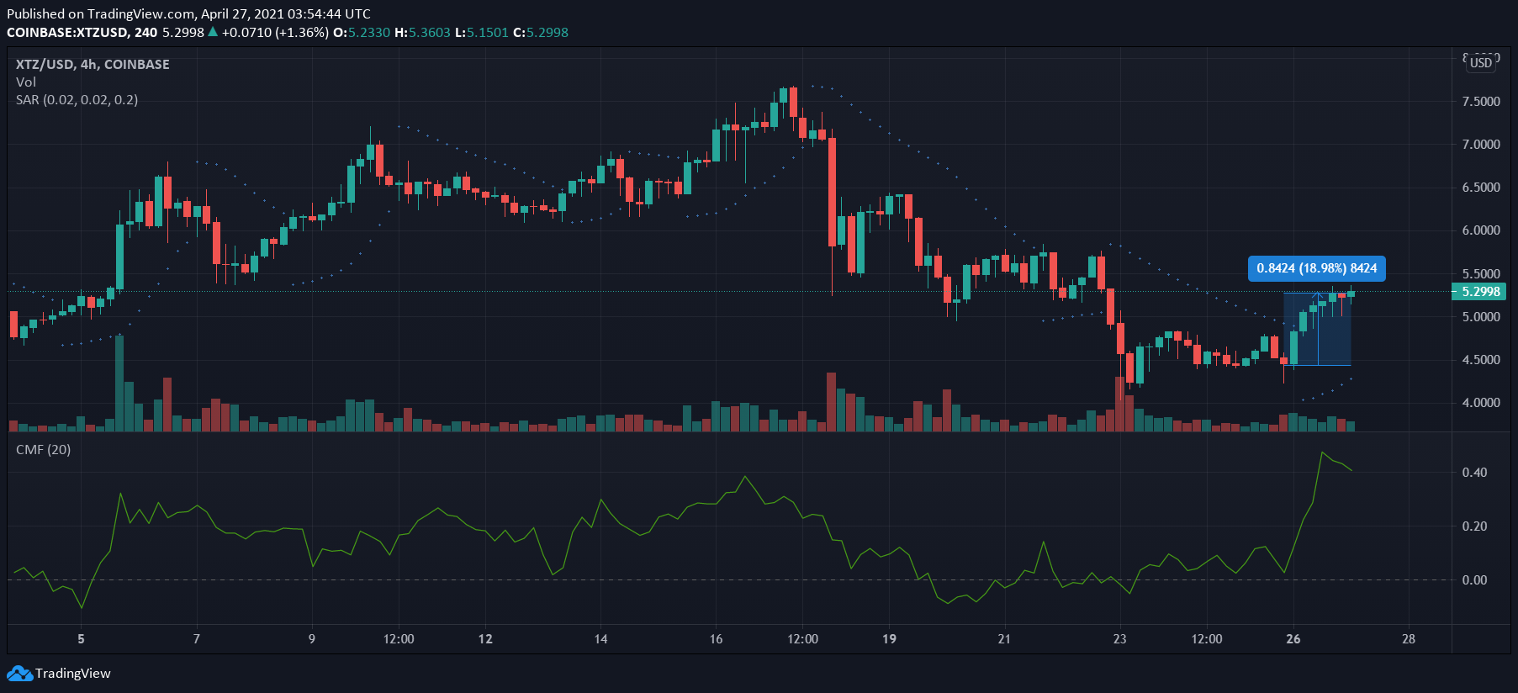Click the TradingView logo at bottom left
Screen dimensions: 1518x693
[x=59, y=673]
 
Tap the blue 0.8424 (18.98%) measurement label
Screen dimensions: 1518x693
[x=1317, y=268]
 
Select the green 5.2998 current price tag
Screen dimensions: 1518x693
[x=1479, y=292]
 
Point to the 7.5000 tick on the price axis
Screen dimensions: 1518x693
[x=1481, y=101]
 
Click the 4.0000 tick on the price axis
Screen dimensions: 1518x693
[x=1481, y=402]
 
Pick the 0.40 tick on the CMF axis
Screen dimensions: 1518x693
[x=1474, y=473]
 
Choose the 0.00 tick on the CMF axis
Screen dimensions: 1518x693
[x=1474, y=580]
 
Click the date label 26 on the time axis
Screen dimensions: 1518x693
[x=1293, y=639]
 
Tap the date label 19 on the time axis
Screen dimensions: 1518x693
[x=889, y=639]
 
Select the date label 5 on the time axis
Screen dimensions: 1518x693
[x=81, y=639]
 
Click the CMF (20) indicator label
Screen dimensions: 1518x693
[x=44, y=450]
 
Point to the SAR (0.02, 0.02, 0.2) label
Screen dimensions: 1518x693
[x=77, y=100]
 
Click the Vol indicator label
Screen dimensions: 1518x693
[x=26, y=82]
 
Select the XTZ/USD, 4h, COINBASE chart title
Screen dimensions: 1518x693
[x=93, y=65]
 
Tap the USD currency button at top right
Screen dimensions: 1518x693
[x=1481, y=63]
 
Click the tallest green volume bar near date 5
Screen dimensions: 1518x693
[x=119, y=384]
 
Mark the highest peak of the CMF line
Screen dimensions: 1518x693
[x=1322, y=452]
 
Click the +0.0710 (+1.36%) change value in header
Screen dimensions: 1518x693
[x=275, y=33]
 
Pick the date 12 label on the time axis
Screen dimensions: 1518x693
[x=485, y=639]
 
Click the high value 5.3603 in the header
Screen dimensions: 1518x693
[x=429, y=33]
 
